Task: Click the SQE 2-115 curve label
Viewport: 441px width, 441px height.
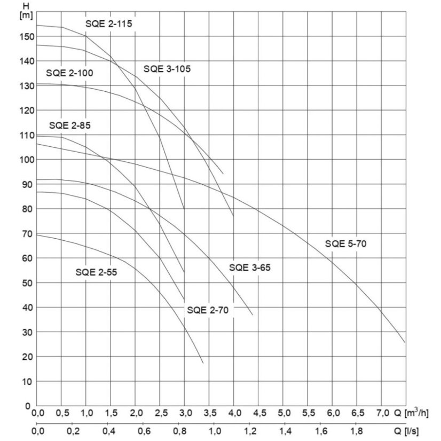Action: [109, 23]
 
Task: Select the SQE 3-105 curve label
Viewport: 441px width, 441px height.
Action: [167, 68]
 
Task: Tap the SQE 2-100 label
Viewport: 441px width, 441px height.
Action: [69, 73]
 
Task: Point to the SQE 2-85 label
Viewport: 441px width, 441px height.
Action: [70, 126]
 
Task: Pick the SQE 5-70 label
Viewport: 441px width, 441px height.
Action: [346, 244]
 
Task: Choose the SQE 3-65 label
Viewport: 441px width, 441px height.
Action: [250, 267]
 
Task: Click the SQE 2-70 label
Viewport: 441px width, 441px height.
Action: [208, 310]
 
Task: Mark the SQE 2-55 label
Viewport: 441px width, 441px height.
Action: [96, 272]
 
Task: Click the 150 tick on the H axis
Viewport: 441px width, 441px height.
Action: [26, 36]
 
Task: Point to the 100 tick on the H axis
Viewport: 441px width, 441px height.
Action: [26, 160]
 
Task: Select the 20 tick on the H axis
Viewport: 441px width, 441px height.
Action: [28, 357]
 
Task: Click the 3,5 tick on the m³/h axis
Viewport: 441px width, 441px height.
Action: [209, 413]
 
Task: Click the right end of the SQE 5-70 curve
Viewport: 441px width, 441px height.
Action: [405, 342]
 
